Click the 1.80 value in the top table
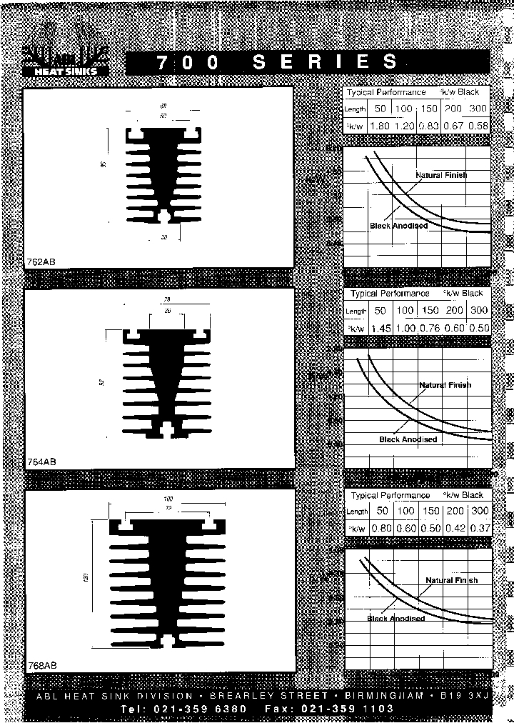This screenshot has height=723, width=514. [381, 126]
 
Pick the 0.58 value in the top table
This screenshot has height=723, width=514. [479, 126]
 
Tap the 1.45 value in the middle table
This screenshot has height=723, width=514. [381, 328]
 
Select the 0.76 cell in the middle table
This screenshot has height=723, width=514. [430, 328]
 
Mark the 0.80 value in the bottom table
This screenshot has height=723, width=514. [382, 528]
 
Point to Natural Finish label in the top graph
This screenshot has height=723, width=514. [442, 175]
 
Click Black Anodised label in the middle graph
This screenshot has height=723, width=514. [408, 439]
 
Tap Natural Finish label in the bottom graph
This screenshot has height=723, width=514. [452, 580]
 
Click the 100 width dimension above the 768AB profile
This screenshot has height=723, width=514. [168, 497]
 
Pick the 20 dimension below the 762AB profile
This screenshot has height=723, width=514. [163, 237]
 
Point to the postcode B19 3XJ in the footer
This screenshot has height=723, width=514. [464, 695]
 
